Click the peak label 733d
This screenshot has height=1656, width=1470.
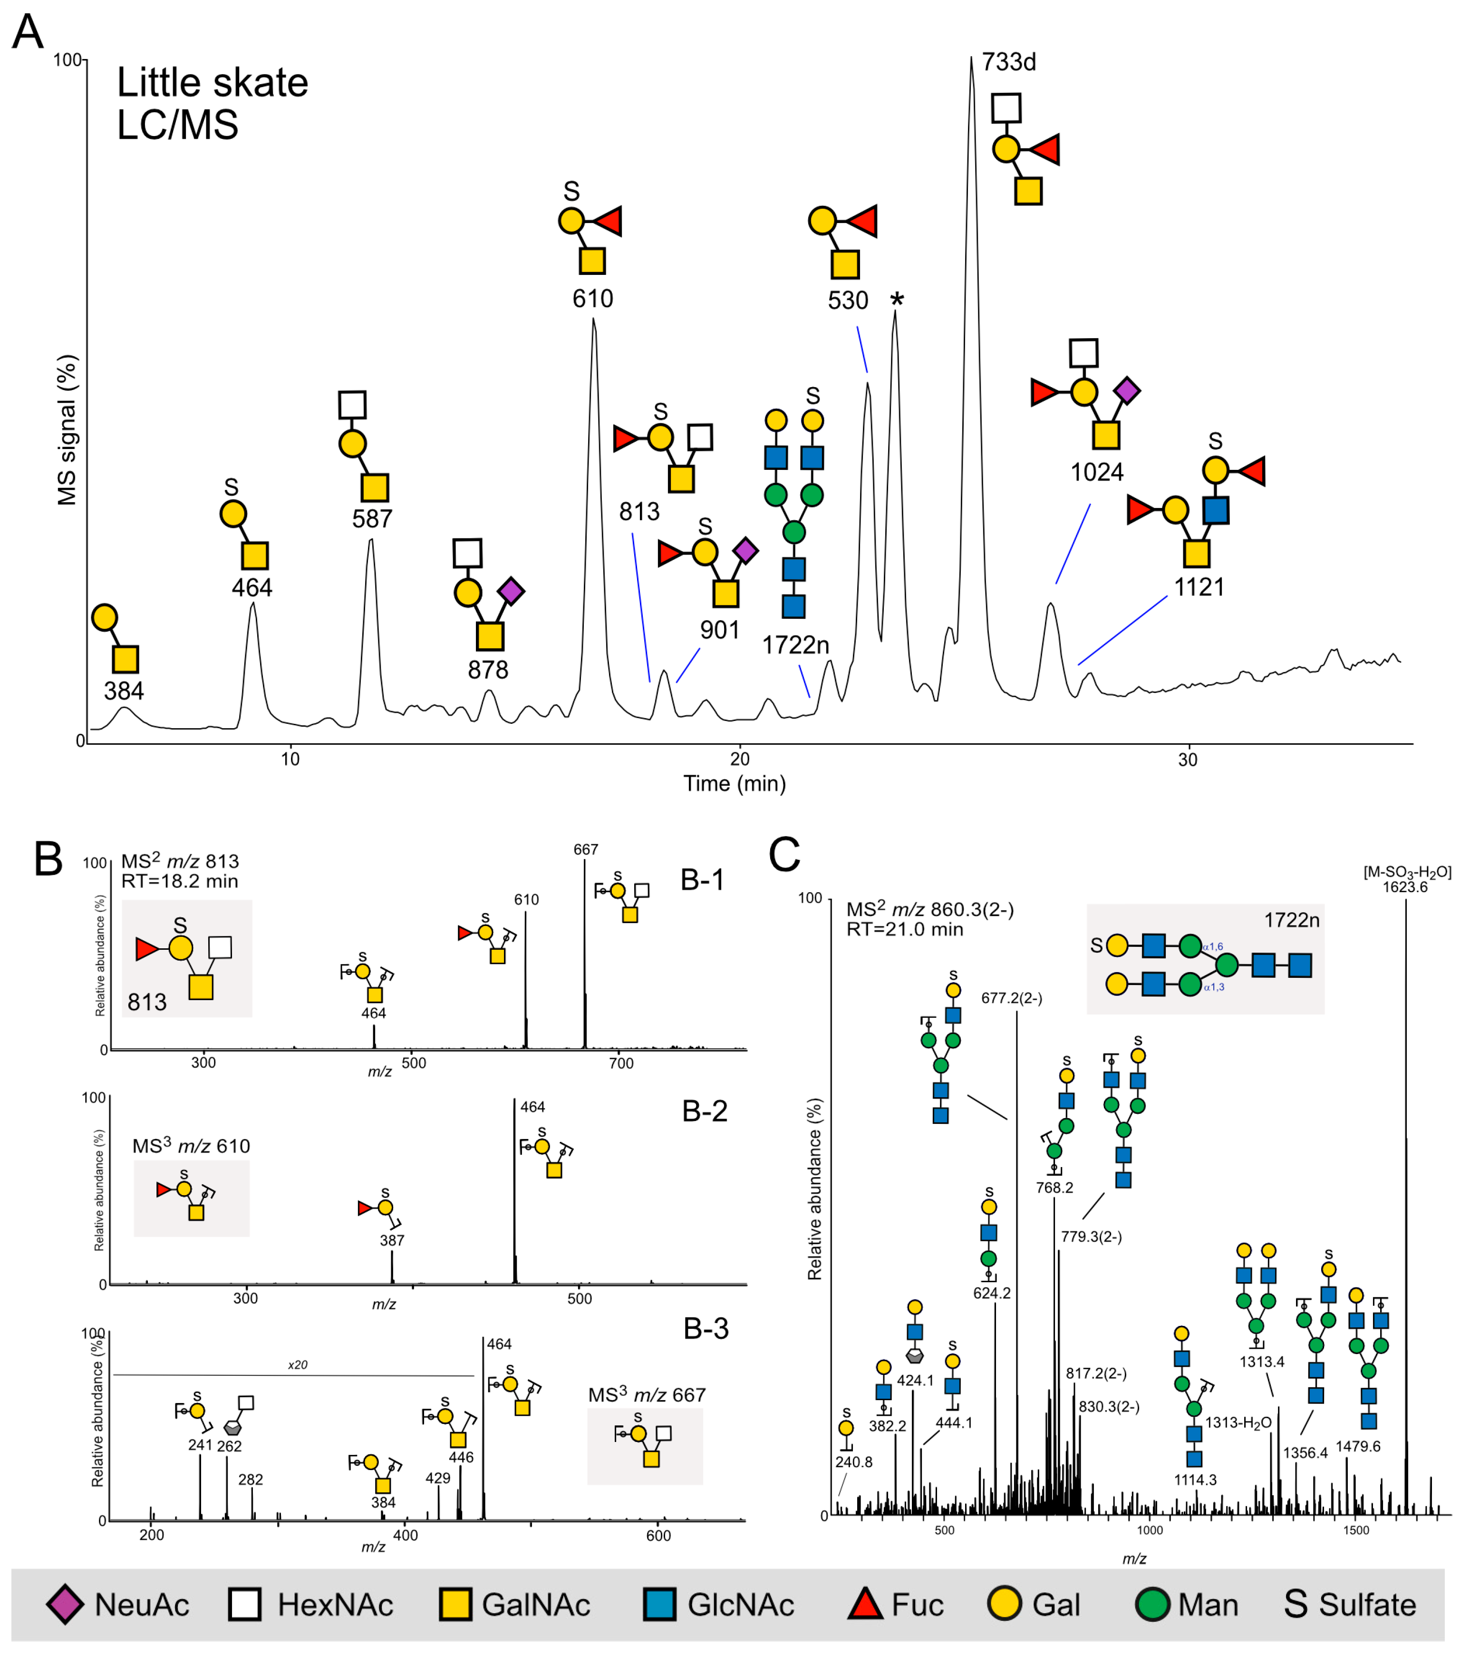tap(1008, 62)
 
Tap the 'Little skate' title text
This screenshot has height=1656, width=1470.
tap(212, 83)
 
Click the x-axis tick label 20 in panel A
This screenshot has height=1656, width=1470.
tap(739, 759)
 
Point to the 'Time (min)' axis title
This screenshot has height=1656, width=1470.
tap(734, 783)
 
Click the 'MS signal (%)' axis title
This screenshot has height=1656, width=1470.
tap(67, 429)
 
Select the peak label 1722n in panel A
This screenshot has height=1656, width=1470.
tap(794, 645)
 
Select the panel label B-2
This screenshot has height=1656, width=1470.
tap(705, 1111)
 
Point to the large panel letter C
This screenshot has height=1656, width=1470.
tap(784, 855)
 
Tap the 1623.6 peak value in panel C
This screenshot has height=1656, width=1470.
tap(1405, 887)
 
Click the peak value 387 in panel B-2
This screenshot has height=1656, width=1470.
tap(392, 1240)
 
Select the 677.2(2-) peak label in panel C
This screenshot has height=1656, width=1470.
tap(1012, 998)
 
